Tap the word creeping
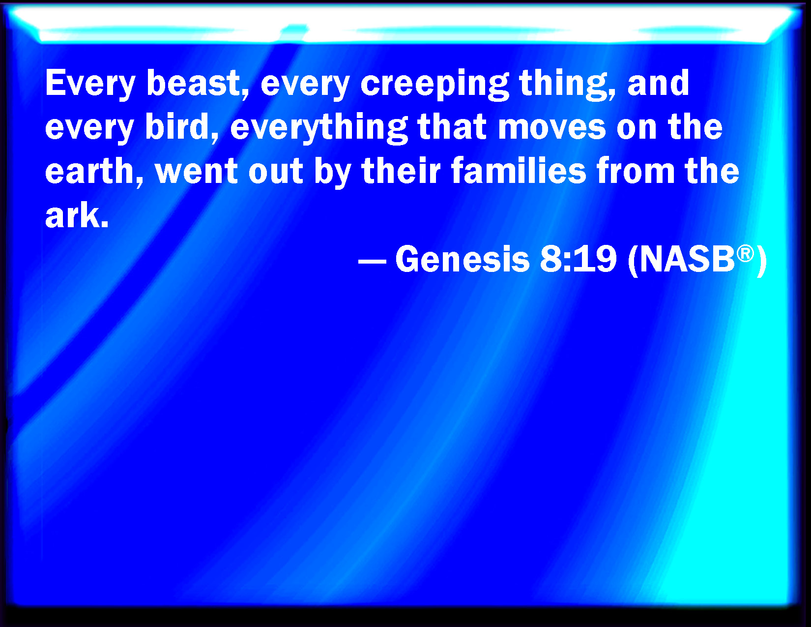[x=434, y=84]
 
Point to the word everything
[x=319, y=128]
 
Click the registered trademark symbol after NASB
[x=745, y=253]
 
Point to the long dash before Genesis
[x=372, y=260]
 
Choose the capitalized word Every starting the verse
[x=90, y=84]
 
